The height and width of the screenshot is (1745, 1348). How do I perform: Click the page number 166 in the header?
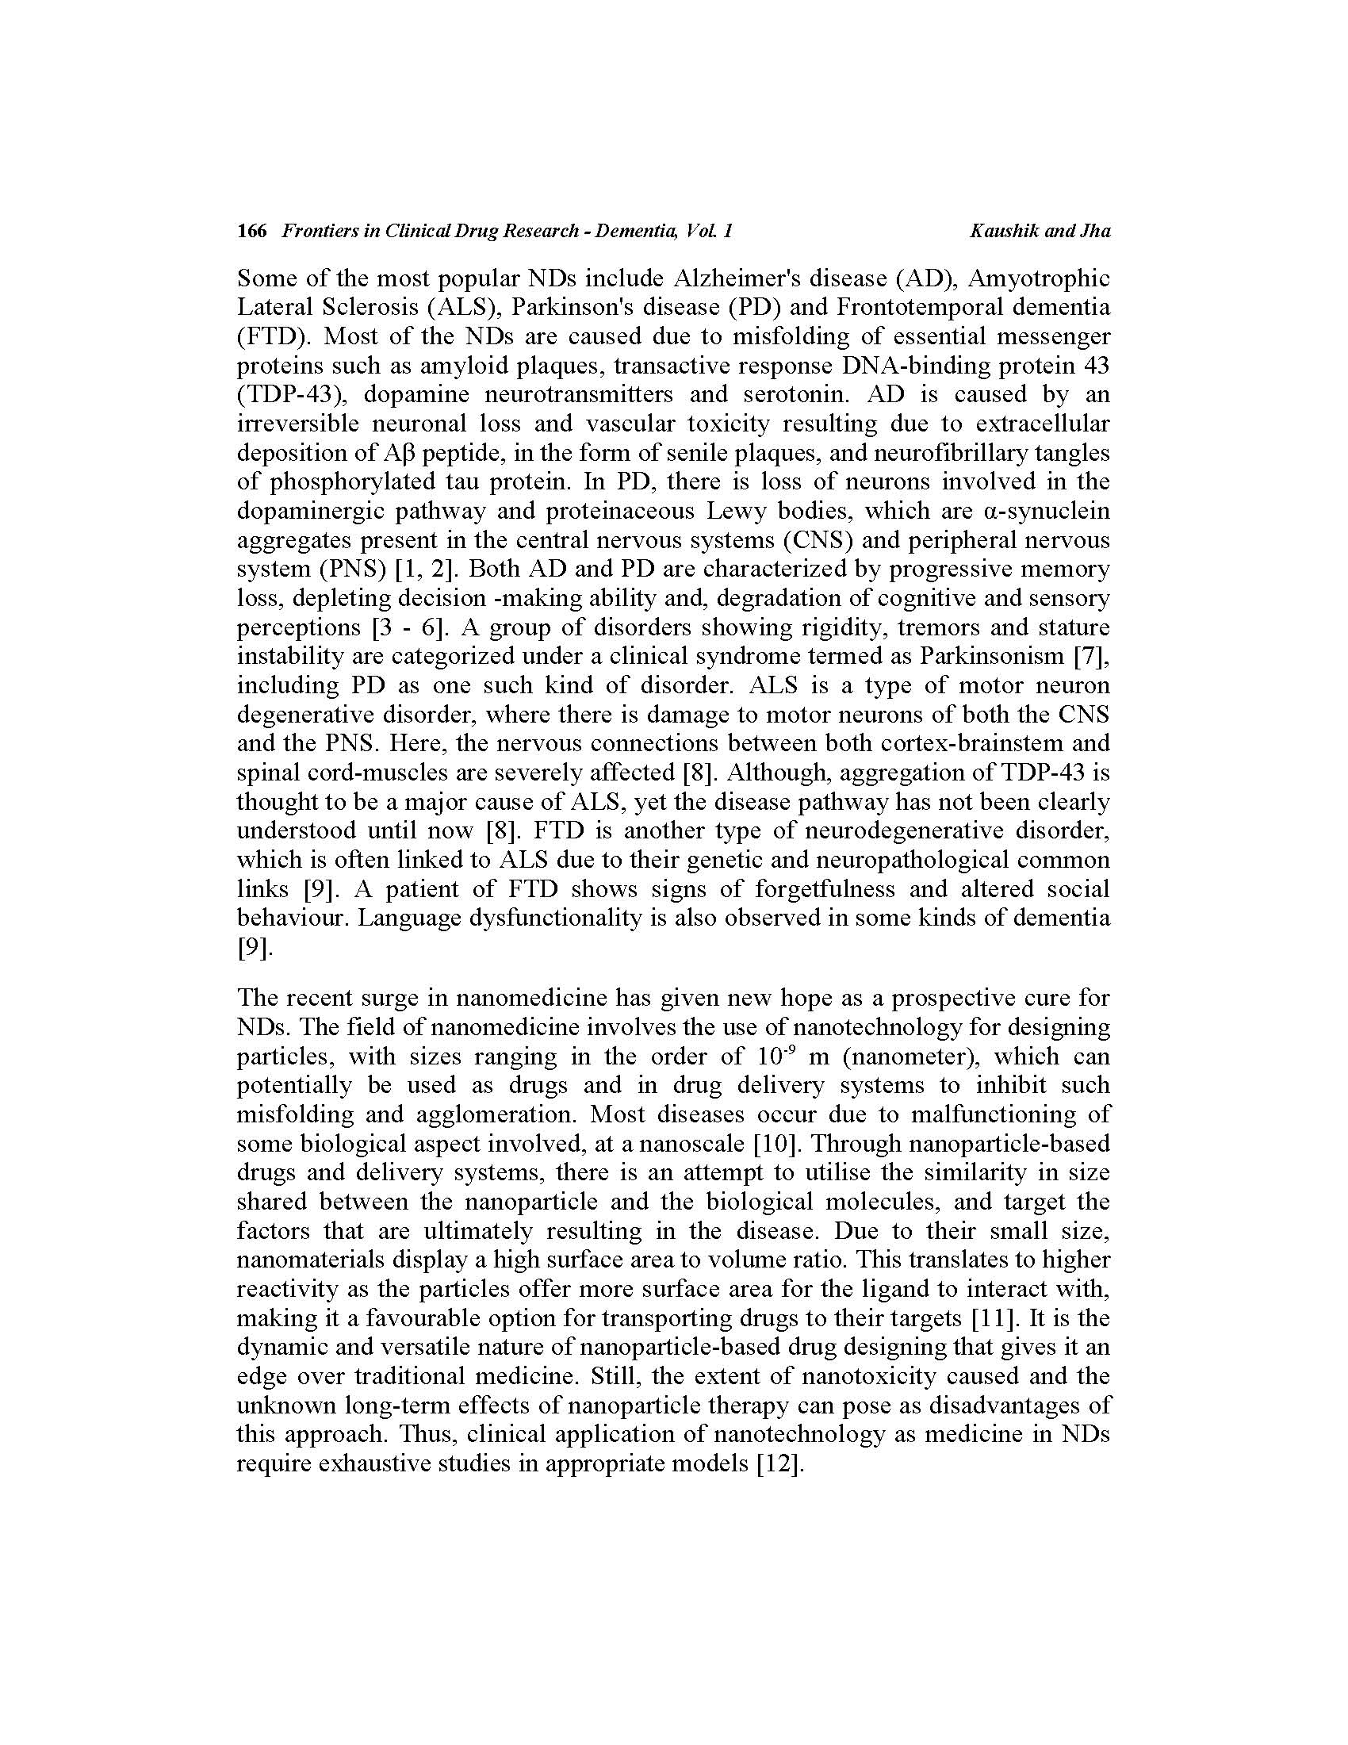click(x=251, y=232)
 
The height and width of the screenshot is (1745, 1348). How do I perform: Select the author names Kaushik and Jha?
click(x=1040, y=232)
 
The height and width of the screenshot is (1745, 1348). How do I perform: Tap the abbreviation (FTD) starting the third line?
click(x=270, y=336)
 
